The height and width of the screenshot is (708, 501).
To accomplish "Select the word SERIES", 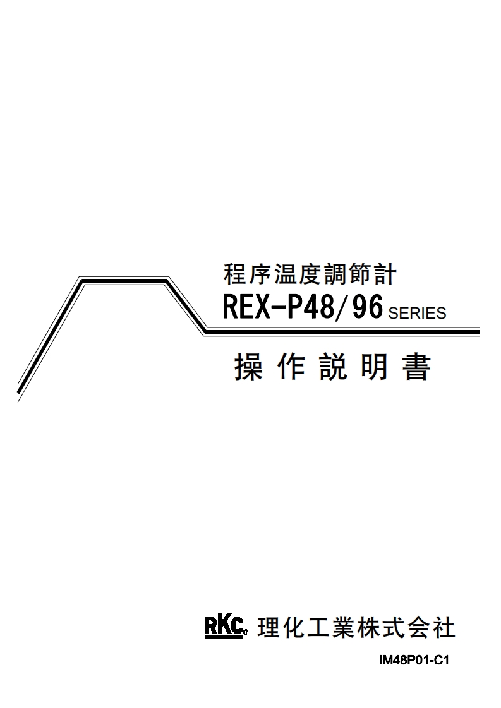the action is point(417,313).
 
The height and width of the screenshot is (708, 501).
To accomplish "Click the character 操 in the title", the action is point(248,367).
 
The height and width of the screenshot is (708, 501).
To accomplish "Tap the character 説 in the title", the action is point(333,367).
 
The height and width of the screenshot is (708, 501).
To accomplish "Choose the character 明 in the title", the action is point(375,367).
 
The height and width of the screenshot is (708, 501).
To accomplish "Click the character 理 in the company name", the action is point(269,628).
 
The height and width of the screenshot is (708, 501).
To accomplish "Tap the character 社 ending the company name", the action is point(444,628).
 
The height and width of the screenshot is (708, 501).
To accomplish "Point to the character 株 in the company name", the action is point(368,628).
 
